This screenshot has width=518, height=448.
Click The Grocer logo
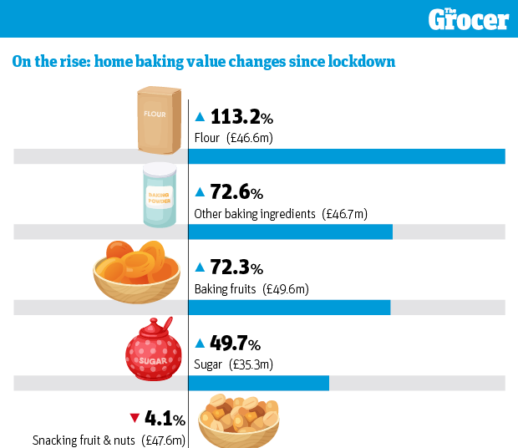[468, 18]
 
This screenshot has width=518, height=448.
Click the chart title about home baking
[203, 62]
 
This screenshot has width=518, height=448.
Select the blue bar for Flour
[346, 156]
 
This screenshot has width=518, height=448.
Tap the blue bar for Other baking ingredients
[290, 232]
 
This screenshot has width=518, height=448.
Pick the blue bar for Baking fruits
[289, 308]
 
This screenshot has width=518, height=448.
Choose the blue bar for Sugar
[258, 383]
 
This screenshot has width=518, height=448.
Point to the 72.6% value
[236, 193]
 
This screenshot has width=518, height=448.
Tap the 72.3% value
[236, 268]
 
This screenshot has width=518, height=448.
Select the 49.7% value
[235, 344]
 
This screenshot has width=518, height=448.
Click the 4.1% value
[165, 419]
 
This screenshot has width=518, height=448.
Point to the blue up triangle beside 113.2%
[200, 118]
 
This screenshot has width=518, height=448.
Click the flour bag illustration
[160, 121]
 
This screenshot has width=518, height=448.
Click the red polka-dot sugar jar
[154, 352]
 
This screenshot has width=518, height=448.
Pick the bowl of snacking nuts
[238, 420]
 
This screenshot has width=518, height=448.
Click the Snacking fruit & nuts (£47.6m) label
[109, 440]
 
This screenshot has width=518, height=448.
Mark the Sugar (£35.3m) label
[234, 364]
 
